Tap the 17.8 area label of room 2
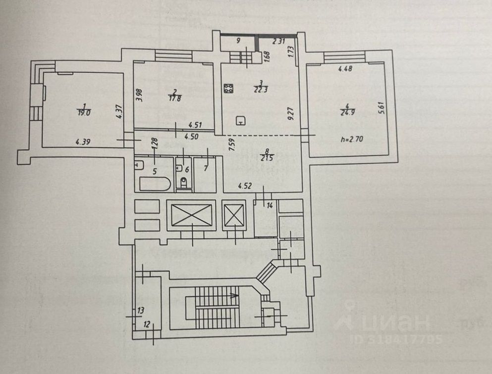173,97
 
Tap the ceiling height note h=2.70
353,139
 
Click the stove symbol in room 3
229,89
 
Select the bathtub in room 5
155,184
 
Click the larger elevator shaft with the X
191,215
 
